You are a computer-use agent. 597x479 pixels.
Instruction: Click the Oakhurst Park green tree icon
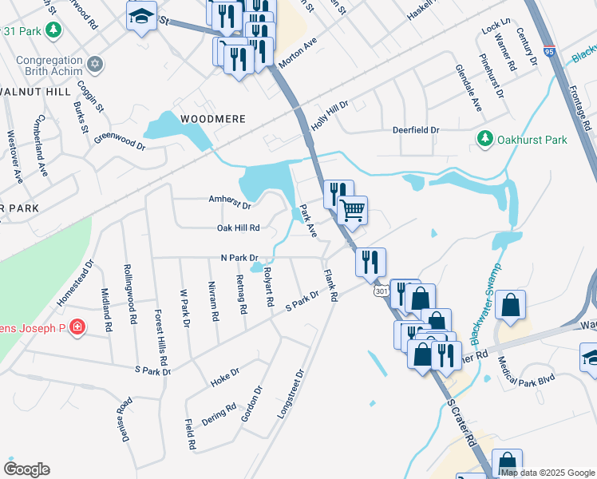484,140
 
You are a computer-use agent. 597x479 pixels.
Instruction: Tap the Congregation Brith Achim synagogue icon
95,64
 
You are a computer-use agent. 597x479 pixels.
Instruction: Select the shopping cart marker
352,211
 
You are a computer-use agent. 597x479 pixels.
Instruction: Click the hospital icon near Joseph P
77,328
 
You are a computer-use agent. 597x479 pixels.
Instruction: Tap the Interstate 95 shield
548,51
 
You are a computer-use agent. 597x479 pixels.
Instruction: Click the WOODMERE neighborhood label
212,118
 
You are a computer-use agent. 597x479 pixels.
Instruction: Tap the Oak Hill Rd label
239,228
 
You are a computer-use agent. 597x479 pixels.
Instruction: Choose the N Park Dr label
239,258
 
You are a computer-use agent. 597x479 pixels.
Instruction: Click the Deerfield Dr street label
416,129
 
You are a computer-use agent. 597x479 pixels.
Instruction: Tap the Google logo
26,469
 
